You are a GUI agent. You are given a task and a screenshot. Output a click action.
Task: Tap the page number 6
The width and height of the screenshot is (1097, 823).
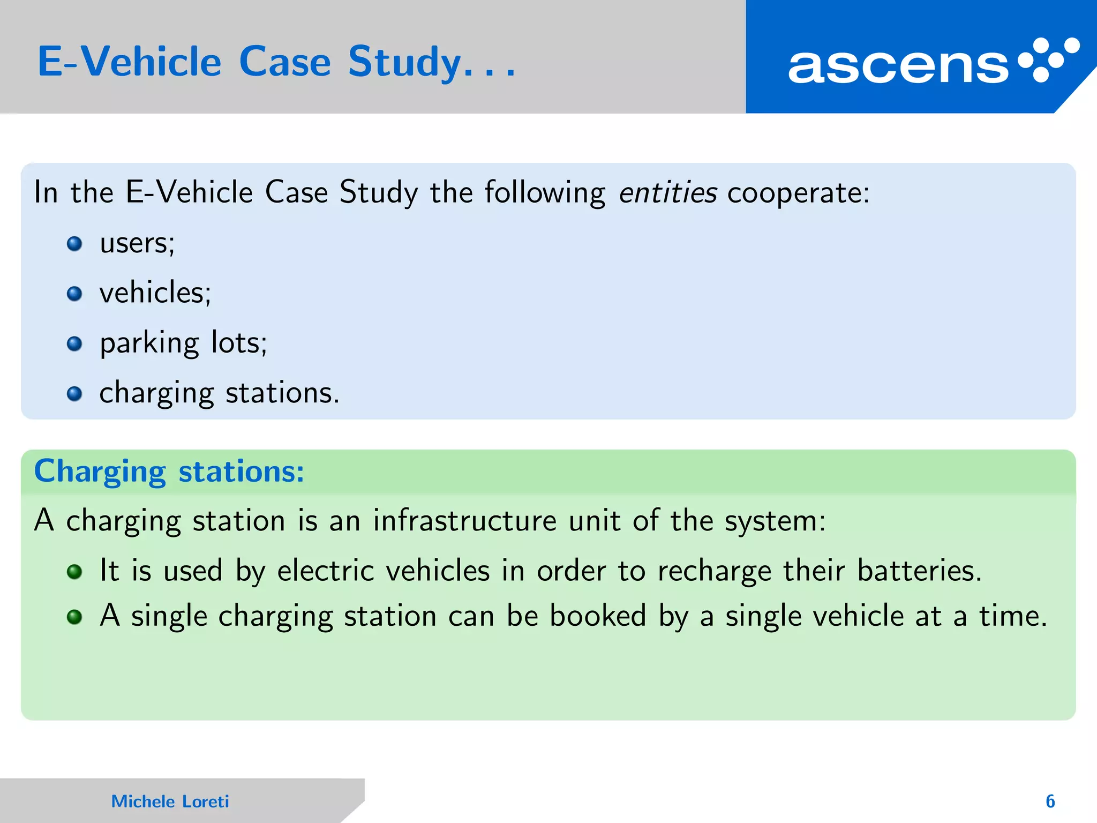1050,801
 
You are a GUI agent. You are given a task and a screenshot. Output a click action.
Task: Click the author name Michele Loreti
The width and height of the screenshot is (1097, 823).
170,801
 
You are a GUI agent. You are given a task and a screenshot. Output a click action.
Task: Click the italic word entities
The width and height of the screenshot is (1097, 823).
667,192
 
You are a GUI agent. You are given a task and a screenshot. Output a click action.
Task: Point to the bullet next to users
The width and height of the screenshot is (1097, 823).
74,244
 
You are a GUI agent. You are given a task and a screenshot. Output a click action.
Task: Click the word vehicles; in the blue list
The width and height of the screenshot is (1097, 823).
155,293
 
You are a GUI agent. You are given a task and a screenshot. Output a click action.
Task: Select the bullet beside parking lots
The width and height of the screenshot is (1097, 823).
74,343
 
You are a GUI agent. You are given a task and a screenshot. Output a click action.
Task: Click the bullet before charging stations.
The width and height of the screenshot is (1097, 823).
74,394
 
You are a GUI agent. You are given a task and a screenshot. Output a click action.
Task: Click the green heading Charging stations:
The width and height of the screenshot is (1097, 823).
169,472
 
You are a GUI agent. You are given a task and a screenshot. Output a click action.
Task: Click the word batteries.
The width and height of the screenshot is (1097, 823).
919,570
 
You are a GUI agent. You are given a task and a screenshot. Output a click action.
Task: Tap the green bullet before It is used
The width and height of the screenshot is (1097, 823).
74,572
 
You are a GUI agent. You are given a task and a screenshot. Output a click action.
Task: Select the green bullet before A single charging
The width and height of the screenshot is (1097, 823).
74,617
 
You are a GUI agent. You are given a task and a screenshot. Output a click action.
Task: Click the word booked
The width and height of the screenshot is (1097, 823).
598,616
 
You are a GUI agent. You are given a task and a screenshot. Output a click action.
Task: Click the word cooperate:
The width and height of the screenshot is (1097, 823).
798,193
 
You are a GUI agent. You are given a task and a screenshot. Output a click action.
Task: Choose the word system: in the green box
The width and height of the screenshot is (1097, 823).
775,521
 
